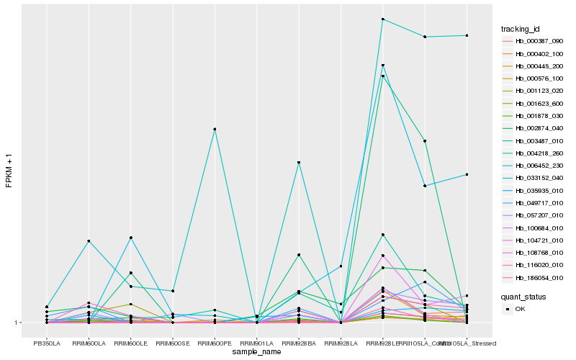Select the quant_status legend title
523,296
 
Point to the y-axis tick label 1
17,323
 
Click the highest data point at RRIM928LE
382,19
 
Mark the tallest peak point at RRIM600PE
215,129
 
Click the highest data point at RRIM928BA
299,163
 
